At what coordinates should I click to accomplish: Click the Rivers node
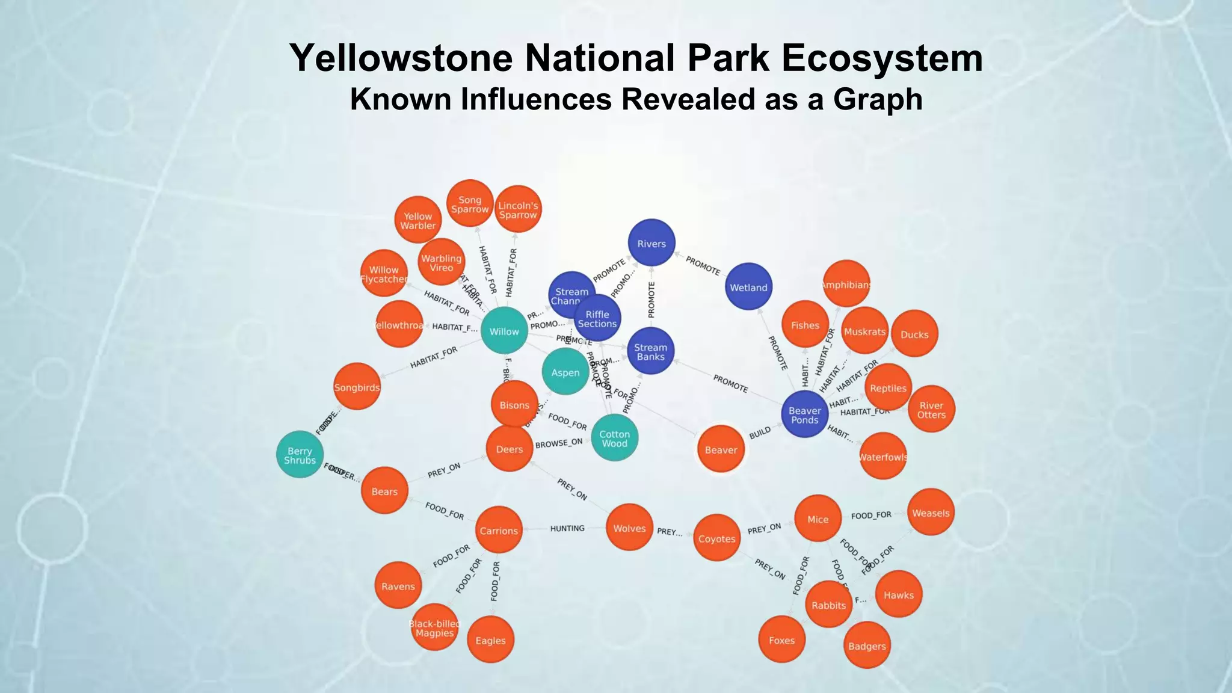pyautogui.click(x=651, y=244)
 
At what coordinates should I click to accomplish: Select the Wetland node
pyautogui.click(x=748, y=288)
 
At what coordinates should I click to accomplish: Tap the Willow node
pyautogui.click(x=504, y=331)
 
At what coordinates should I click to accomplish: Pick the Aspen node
pyautogui.click(x=565, y=372)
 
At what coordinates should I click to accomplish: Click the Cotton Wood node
pyautogui.click(x=614, y=439)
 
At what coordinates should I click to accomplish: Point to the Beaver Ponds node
pyautogui.click(x=804, y=415)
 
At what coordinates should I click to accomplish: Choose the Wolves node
pyautogui.click(x=629, y=528)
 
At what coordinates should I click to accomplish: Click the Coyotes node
pyautogui.click(x=716, y=538)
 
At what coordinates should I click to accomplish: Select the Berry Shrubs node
pyautogui.click(x=300, y=455)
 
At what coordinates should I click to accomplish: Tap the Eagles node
pyautogui.click(x=490, y=640)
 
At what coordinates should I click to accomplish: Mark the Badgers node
pyautogui.click(x=867, y=645)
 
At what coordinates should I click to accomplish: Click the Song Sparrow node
pyautogui.click(x=470, y=204)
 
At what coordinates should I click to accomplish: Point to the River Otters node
pyautogui.click(x=931, y=410)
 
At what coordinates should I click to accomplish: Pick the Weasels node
pyautogui.click(x=931, y=513)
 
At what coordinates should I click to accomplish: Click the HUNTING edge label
pyautogui.click(x=567, y=528)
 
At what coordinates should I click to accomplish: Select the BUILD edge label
pyautogui.click(x=760, y=433)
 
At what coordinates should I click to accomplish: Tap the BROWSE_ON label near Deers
pyautogui.click(x=559, y=443)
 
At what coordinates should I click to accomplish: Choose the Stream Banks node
pyautogui.click(x=650, y=352)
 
